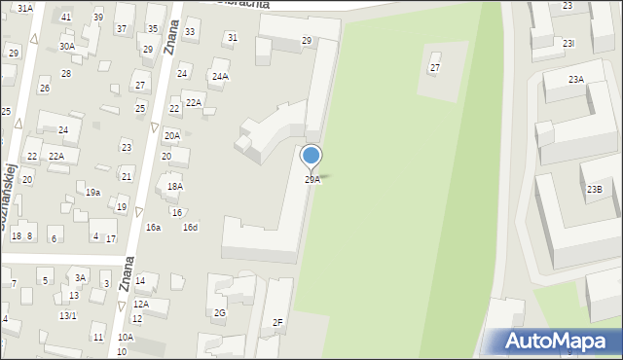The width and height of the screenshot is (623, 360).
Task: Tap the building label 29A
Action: [312, 180]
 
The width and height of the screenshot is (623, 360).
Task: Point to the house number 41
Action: [66, 18]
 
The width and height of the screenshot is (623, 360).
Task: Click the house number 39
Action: [98, 18]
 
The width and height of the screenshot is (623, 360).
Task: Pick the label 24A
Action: [220, 76]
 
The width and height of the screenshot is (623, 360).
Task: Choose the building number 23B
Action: [594, 189]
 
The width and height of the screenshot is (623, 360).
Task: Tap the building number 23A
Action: [576, 80]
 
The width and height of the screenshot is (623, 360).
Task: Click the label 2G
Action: [220, 312]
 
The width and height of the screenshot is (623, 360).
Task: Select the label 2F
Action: [277, 322]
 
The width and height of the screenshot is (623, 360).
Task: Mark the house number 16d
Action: [190, 227]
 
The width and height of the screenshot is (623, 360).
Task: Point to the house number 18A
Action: [175, 186]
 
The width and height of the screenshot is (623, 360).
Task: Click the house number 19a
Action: [92, 193]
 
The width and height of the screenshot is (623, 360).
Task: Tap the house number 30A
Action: [66, 46]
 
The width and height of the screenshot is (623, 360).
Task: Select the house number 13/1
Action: [67, 315]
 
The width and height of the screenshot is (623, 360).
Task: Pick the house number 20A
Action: [171, 136]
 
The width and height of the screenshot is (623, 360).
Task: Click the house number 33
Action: [190, 32]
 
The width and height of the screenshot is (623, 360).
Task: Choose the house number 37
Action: [122, 29]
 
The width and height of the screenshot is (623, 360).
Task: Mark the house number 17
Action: [111, 238]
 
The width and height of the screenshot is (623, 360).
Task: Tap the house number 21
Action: [127, 176]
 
